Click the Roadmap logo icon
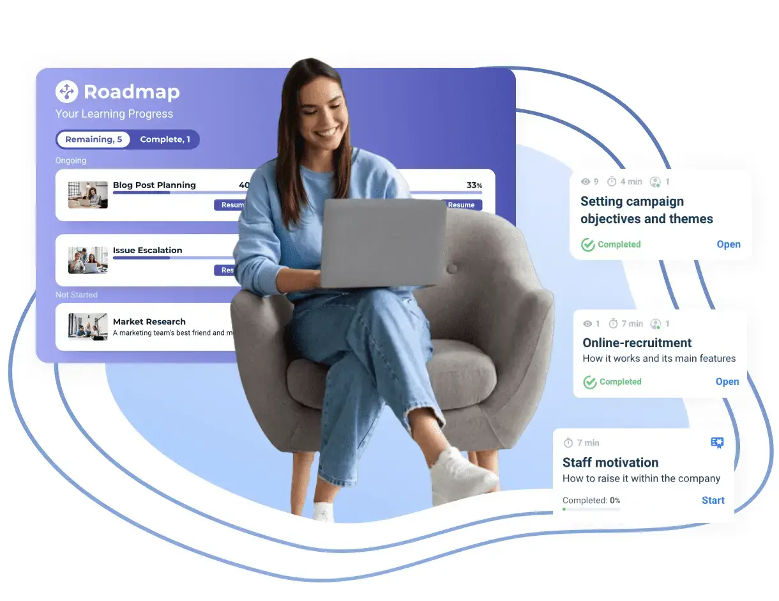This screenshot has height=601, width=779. tap(66, 91)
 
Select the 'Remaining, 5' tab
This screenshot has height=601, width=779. tap(93, 139)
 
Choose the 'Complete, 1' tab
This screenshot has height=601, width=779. tap(165, 139)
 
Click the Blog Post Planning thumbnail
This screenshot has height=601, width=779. tap(88, 195)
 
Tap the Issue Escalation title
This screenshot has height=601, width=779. tap(147, 250)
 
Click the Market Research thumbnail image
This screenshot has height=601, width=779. tap(88, 326)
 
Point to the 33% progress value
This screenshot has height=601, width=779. tap(474, 185)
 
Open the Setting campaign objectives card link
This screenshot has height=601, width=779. tap(728, 244)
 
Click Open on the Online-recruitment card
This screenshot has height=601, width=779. tap(727, 382)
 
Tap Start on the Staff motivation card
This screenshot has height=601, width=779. tap(713, 501)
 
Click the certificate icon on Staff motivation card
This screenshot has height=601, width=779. tap(717, 443)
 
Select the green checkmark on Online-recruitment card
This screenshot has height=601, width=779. tap(590, 382)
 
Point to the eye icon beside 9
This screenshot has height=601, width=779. tap(586, 182)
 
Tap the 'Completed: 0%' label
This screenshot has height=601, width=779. tap(591, 501)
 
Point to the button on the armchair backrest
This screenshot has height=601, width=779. tap(452, 269)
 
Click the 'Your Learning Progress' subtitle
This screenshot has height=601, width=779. tap(114, 114)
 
